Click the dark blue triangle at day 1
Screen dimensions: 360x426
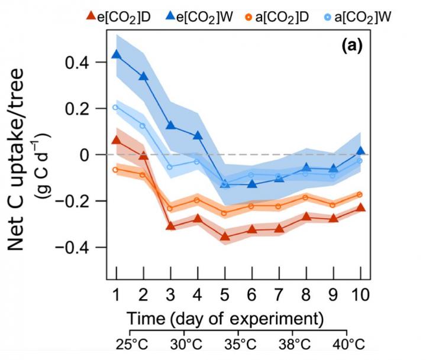coord(117,54)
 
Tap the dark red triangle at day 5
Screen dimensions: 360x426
coord(225,236)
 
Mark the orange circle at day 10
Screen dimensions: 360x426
coord(360,194)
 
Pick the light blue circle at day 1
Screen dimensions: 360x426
coord(116,108)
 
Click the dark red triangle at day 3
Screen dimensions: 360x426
coord(170,226)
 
